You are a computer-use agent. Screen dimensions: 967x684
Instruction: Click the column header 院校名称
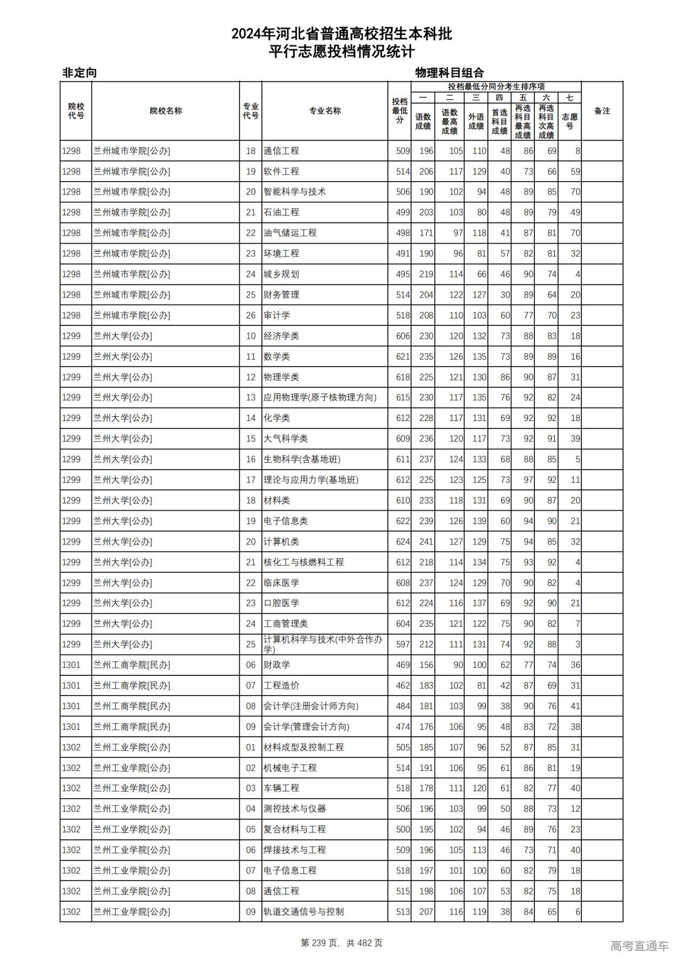(166, 111)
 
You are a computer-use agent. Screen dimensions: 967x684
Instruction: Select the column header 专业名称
(324, 111)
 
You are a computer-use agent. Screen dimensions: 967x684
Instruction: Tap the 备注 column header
(602, 111)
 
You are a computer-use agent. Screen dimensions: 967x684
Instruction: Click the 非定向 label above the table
(80, 73)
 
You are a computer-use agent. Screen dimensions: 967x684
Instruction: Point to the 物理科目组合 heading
(449, 73)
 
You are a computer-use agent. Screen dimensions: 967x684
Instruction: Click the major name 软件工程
(281, 171)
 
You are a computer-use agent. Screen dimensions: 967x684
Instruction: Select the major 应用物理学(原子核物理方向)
(320, 397)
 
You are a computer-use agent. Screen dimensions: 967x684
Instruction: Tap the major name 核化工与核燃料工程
(304, 562)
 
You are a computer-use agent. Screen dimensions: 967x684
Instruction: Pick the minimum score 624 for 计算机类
(402, 542)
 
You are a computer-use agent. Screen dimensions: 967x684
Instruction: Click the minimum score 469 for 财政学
(402, 665)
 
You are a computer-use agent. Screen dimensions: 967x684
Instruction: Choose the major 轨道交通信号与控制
(304, 912)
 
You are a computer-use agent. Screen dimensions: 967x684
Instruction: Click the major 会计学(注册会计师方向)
(310, 706)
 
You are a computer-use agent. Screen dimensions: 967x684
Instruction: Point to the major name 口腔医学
(281, 603)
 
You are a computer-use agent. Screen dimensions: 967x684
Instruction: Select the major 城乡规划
(281, 274)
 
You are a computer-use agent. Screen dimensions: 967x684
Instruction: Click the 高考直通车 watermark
(639, 946)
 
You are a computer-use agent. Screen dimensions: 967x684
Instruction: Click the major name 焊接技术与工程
(294, 850)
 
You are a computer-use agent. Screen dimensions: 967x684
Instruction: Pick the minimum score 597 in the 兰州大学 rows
(402, 644)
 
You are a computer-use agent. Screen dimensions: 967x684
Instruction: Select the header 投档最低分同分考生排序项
(496, 87)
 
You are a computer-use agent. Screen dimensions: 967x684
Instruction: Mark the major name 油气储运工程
(290, 233)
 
